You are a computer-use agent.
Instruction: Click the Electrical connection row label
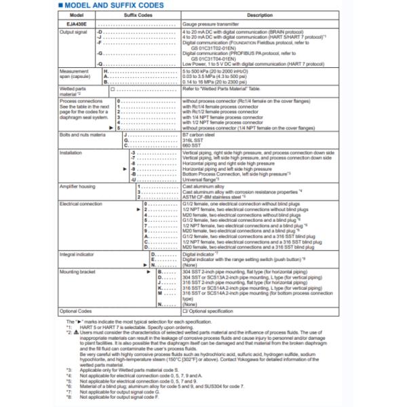[80, 203]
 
